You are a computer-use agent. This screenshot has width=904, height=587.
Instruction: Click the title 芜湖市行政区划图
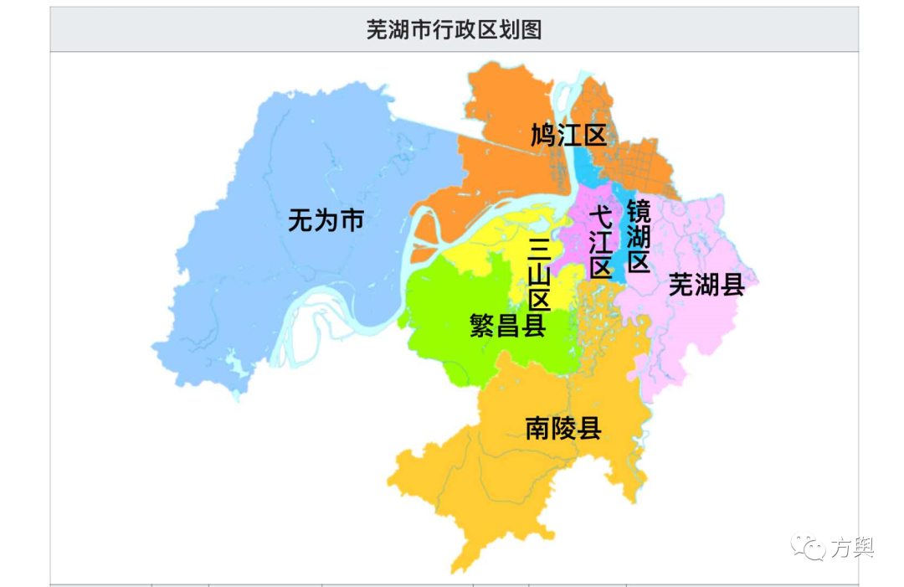tap(454, 29)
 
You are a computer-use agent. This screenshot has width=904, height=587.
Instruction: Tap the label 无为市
tap(326, 221)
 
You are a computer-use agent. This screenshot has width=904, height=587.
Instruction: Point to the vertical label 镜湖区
tap(639, 236)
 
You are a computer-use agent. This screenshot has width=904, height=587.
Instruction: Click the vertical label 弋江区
tap(600, 243)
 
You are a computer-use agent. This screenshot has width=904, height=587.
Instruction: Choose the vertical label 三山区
tap(539, 273)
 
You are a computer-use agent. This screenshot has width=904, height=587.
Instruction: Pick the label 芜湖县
tap(706, 286)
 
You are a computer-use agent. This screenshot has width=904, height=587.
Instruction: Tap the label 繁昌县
tap(508, 325)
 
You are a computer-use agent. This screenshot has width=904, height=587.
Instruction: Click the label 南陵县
tap(563, 429)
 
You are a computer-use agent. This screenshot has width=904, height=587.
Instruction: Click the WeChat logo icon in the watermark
tap(807, 547)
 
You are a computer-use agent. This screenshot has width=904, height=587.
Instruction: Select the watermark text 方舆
tap(851, 548)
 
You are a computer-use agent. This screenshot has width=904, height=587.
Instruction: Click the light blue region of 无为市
tap(251, 276)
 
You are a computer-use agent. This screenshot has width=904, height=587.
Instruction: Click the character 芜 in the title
tap(377, 29)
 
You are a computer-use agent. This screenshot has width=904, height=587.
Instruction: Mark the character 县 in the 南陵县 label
tap(589, 429)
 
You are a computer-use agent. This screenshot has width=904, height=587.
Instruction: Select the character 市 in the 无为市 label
tap(352, 221)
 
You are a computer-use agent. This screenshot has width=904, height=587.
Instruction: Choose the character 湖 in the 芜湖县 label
tap(706, 286)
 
